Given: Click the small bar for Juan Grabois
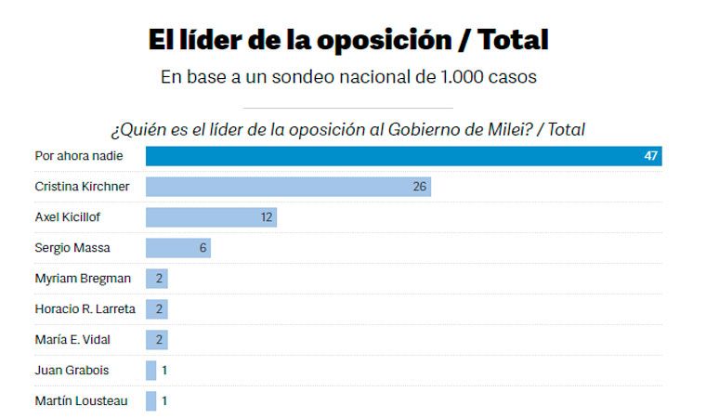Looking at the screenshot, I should (151, 371).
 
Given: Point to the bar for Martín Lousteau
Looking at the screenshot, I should (151, 401).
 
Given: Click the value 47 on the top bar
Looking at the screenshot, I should (650, 156).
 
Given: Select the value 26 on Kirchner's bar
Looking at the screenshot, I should (420, 187).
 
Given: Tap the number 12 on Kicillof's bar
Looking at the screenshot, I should (267, 217).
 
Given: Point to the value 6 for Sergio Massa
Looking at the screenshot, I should (203, 248).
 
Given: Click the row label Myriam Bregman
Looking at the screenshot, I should (83, 279).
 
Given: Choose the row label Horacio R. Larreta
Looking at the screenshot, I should (85, 309).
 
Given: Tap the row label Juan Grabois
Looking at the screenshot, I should (72, 371).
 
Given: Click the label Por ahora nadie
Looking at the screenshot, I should (79, 156).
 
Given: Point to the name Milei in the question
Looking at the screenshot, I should (505, 129).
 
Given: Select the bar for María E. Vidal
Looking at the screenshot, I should (156, 340).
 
